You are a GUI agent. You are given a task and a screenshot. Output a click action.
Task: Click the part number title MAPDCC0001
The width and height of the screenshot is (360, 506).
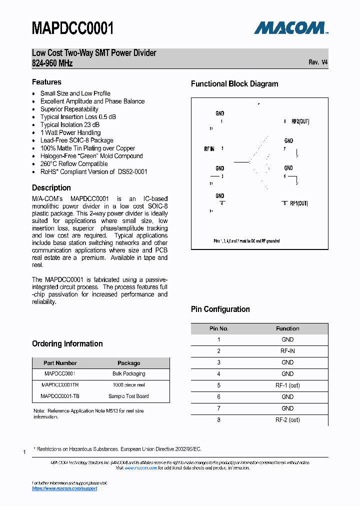click(x=73, y=28)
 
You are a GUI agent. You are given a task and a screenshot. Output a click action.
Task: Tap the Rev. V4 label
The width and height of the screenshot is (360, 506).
click(x=318, y=62)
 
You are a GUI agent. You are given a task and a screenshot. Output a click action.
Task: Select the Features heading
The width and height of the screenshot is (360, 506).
click(x=46, y=82)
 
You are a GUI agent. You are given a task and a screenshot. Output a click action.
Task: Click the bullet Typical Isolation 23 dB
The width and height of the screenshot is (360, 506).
click(x=69, y=124)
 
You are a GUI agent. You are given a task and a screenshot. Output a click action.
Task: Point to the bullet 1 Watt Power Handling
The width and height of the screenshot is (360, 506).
click(x=70, y=132)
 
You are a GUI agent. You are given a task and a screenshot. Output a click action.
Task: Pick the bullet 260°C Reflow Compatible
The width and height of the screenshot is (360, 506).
click(x=73, y=163)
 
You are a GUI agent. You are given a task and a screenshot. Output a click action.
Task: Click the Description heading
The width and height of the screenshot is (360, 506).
click(x=51, y=188)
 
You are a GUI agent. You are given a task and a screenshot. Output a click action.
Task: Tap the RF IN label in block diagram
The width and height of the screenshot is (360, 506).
click(x=209, y=149)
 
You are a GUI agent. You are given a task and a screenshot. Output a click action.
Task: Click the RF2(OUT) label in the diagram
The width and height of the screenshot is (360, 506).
click(x=300, y=121)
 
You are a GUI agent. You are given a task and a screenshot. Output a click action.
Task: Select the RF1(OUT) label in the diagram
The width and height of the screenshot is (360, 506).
click(x=299, y=203)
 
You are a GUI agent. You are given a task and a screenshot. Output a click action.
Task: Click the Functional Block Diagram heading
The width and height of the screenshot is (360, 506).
click(x=234, y=84)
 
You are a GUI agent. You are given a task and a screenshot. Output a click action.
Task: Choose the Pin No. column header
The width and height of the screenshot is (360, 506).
click(x=218, y=328)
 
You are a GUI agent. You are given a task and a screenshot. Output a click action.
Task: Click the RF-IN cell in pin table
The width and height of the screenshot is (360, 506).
click(x=287, y=351)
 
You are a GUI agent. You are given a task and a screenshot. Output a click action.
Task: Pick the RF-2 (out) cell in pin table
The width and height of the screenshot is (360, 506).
click(x=287, y=420)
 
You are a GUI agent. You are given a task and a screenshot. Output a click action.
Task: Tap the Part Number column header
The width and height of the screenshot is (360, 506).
click(x=60, y=363)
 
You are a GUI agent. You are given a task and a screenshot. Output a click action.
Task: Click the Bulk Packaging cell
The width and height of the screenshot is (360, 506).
click(x=128, y=373)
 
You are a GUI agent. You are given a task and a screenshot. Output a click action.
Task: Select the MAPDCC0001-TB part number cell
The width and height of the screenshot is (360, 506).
click(x=60, y=396)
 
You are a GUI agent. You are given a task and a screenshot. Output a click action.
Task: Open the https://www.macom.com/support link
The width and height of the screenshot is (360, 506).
click(x=64, y=488)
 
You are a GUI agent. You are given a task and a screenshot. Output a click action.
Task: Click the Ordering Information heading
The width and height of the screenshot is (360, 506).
click(x=67, y=344)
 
